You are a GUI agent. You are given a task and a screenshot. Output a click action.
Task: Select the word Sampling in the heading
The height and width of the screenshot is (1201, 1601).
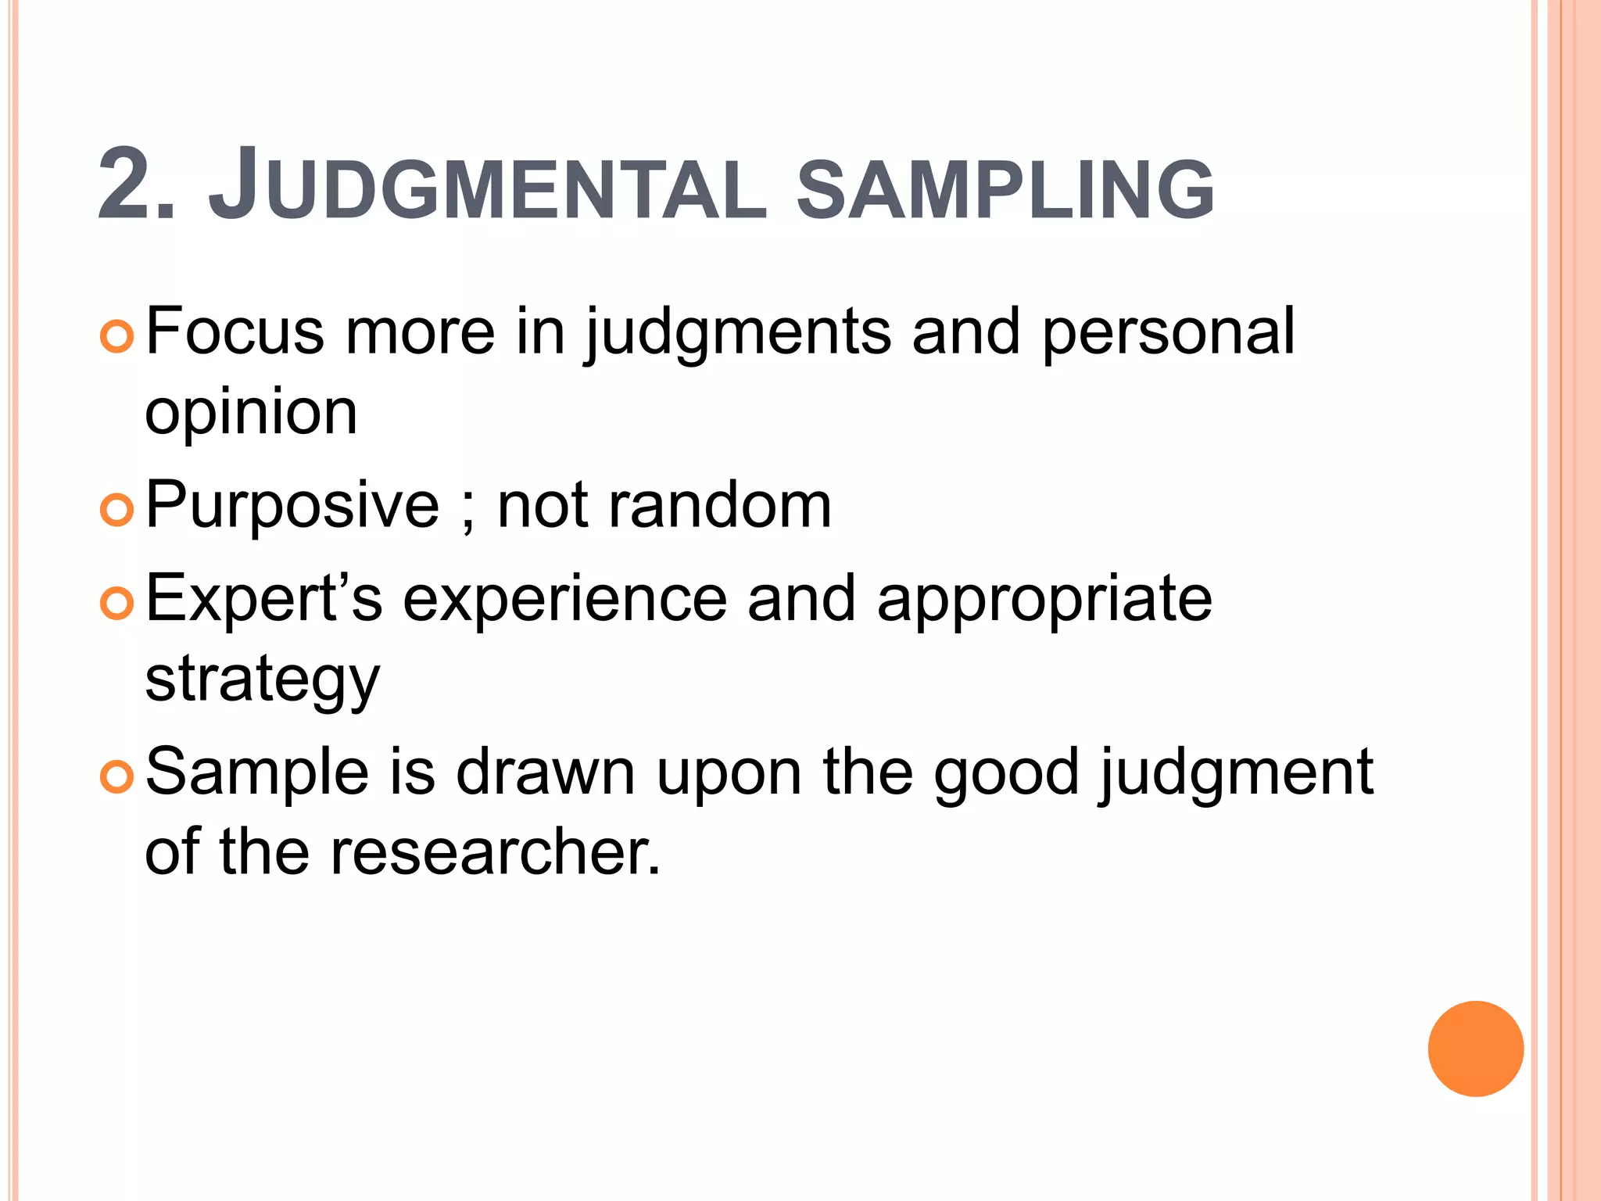(x=1005, y=188)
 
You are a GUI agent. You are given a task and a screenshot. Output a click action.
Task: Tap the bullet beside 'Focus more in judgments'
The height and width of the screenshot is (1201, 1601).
(x=118, y=336)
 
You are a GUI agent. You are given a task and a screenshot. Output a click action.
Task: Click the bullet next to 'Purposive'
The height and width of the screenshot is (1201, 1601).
(x=118, y=510)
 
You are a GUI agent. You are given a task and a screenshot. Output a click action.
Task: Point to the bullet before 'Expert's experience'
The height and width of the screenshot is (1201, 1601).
(x=118, y=603)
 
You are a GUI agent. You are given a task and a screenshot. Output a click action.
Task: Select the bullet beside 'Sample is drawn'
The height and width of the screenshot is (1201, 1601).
(x=118, y=776)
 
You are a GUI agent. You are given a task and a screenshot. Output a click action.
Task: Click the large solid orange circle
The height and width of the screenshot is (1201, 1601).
(x=1475, y=1049)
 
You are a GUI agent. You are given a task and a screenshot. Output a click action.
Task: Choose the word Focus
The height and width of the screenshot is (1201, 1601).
(x=235, y=332)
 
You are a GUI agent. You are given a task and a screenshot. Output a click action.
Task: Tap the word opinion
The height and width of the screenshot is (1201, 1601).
(x=251, y=414)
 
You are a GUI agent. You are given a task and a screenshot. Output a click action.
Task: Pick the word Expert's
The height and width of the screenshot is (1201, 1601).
(x=264, y=599)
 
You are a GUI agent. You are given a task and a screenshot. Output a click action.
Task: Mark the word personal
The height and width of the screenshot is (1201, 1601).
(x=1168, y=333)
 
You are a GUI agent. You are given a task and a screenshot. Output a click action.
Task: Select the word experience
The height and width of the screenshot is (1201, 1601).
(x=565, y=600)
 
